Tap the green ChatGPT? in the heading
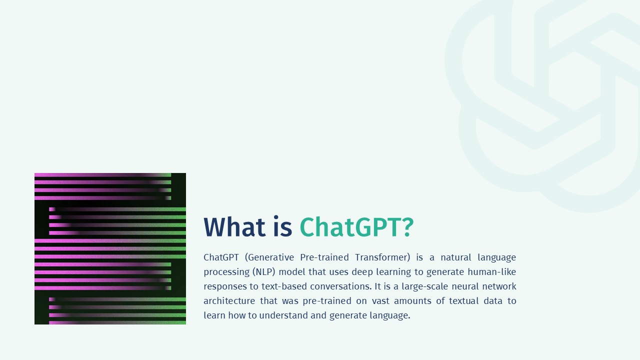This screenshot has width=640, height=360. coord(356,227)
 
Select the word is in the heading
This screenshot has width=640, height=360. coord(282,227)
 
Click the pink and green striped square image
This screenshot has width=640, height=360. coord(110,248)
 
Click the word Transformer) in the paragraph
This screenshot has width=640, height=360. coord(382,257)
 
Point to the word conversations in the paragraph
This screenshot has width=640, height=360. coord(339,286)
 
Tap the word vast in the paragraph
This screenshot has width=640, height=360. coord(379,301)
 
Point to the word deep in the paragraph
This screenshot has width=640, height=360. coord(362,272)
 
